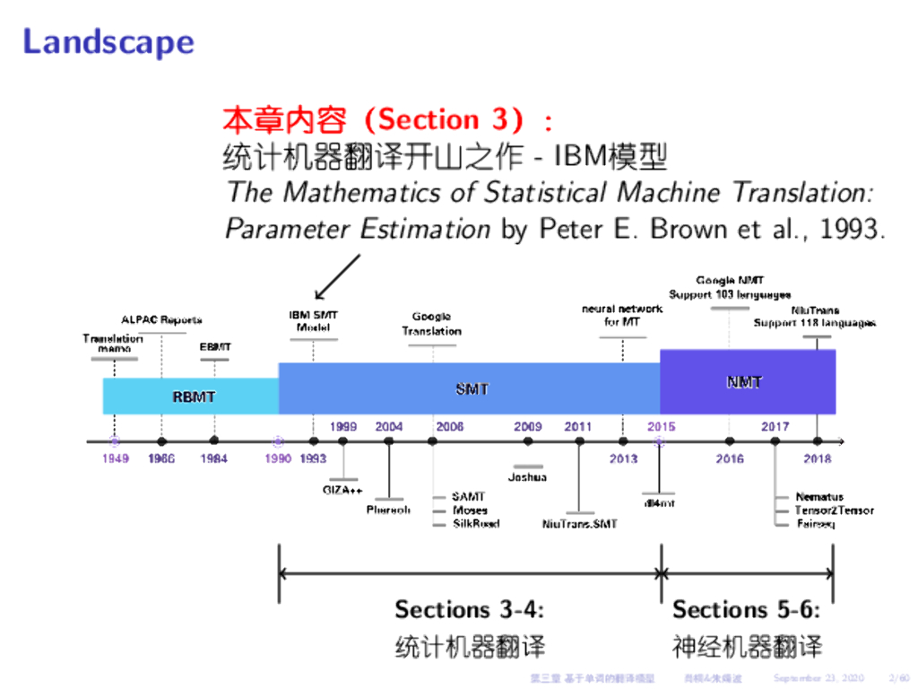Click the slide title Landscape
click(x=108, y=42)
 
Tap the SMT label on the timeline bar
click(x=472, y=388)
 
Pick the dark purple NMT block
click(x=747, y=382)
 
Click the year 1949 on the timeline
click(x=115, y=458)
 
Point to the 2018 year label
click(x=817, y=458)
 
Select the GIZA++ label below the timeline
click(x=342, y=490)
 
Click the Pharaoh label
click(x=388, y=510)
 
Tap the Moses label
click(x=470, y=510)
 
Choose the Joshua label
click(x=527, y=477)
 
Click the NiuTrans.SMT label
click(x=579, y=524)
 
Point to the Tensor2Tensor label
click(x=834, y=510)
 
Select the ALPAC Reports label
click(x=161, y=319)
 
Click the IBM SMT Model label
click(x=313, y=321)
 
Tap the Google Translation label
click(x=431, y=324)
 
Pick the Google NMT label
click(x=730, y=281)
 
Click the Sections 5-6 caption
click(x=746, y=610)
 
